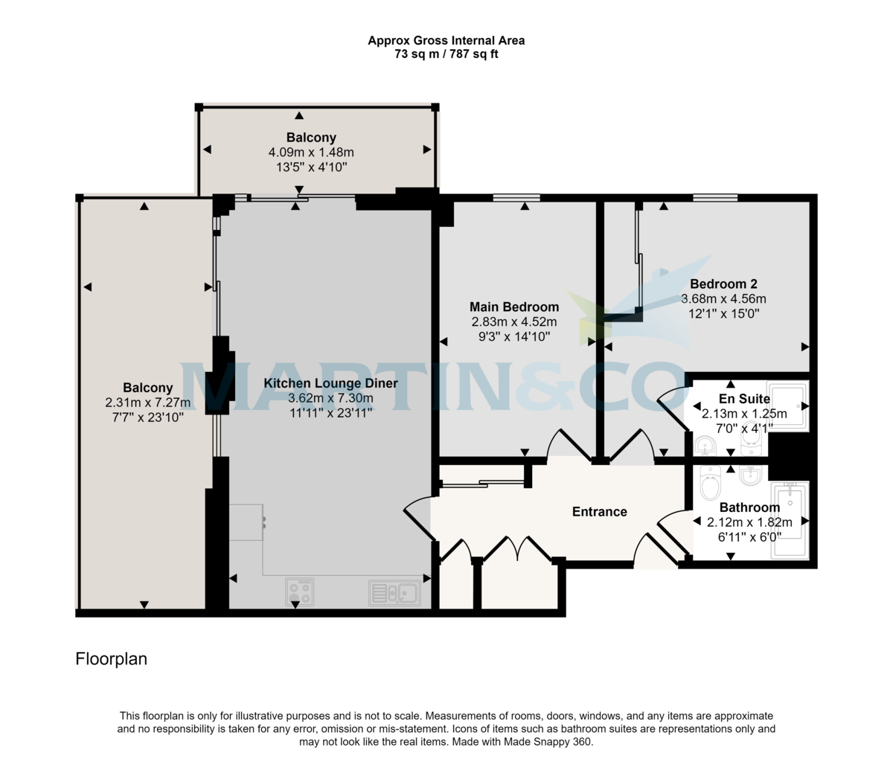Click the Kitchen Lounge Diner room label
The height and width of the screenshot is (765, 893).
330,383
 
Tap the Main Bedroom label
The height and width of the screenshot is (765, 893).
513,307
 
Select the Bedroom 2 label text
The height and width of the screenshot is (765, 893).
723,284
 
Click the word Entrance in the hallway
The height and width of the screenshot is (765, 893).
599,511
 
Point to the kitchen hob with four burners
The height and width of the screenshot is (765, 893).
299,592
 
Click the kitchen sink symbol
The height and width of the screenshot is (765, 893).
394,593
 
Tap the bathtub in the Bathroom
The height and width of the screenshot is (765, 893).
790,521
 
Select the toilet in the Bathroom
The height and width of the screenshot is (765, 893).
711,485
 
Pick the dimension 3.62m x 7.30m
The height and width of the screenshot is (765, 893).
330,398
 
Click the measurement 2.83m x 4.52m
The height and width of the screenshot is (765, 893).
513,321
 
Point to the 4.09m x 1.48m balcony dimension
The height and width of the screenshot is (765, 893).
311,153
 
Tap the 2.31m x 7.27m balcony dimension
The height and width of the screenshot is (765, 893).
148,403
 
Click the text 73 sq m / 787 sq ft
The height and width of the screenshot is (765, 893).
446,54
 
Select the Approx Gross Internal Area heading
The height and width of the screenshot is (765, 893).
446,40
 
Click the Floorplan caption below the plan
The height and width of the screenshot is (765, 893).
112,659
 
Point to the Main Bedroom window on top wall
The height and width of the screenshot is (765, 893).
516,197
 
